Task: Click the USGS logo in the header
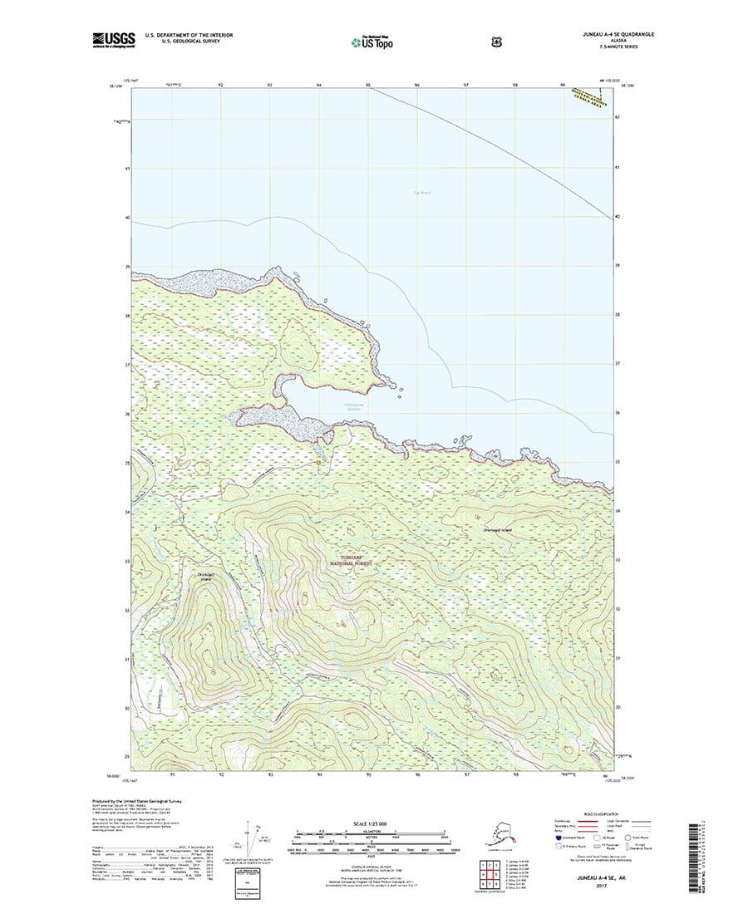coord(115,38)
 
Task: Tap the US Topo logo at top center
coord(373,40)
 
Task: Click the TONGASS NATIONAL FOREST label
coord(353,560)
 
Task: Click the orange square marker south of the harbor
coord(317,461)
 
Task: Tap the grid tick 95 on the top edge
coord(367,85)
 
